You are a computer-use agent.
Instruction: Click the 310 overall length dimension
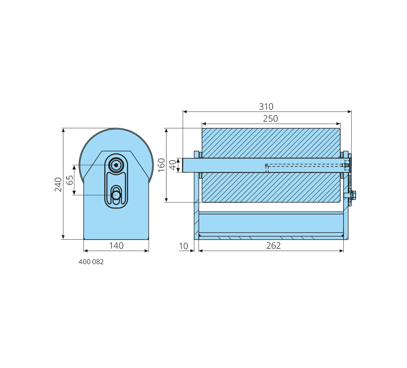coord(266,107)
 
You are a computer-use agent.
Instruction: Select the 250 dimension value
coord(270,119)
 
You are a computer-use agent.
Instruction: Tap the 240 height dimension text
coord(58,184)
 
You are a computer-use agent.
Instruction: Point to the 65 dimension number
coord(69,180)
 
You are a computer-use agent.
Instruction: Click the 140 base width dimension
coord(116,246)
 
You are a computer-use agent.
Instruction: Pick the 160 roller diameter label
coord(162,165)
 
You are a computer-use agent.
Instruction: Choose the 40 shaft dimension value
coord(173,165)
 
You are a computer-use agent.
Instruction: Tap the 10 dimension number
coord(183,246)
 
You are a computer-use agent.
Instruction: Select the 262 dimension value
coord(274,246)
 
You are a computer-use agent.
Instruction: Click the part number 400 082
coord(91,262)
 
